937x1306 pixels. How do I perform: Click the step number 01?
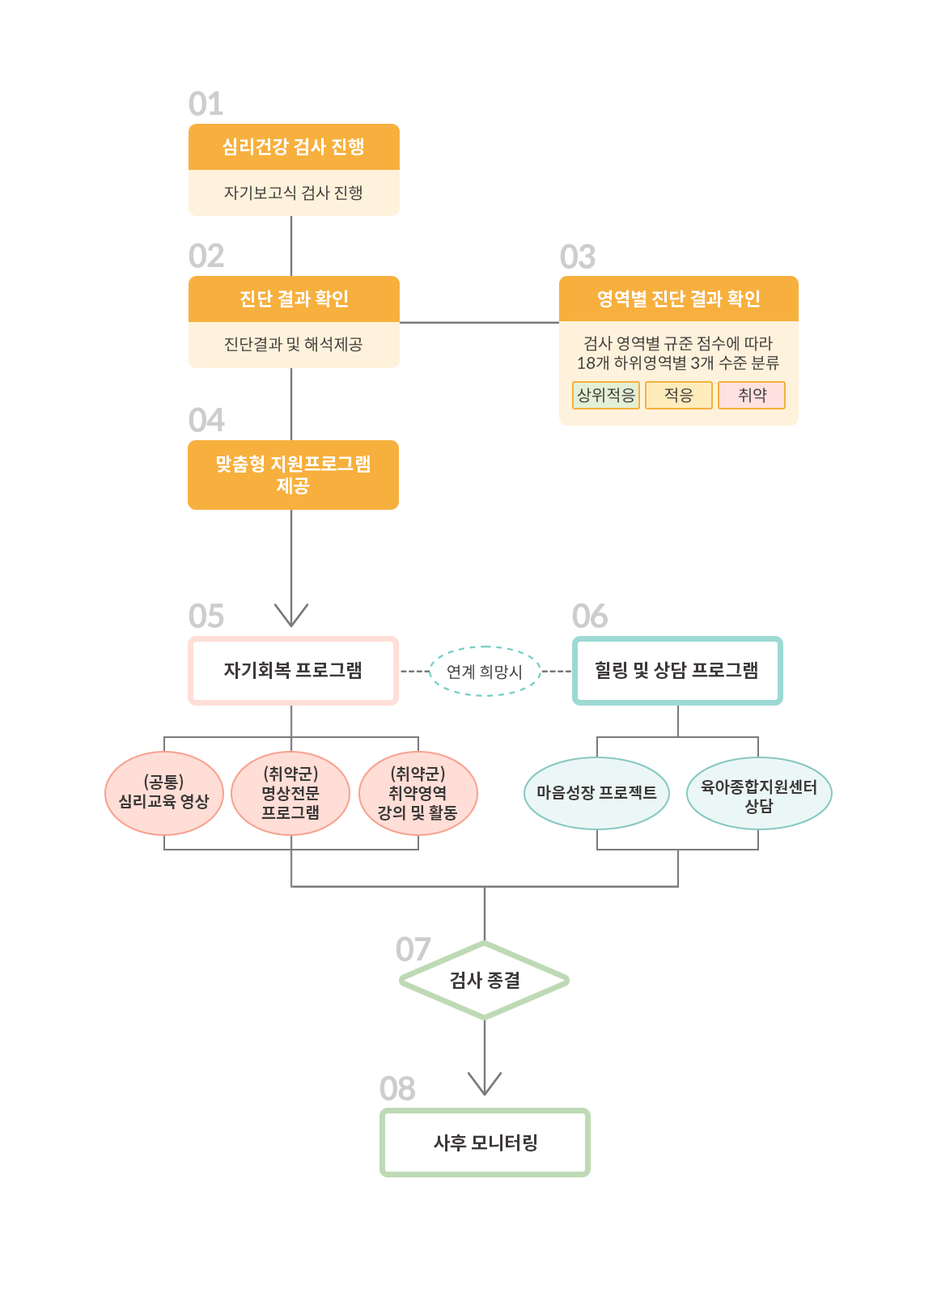click(205, 104)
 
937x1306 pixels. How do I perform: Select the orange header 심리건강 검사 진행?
click(293, 146)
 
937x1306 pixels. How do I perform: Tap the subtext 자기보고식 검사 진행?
click(293, 193)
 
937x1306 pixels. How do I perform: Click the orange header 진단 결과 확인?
click(293, 299)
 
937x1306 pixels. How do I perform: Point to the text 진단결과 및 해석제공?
click(293, 345)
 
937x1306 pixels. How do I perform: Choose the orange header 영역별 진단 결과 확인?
click(678, 299)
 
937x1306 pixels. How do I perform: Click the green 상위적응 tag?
click(606, 395)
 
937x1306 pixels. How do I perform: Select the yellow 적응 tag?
click(678, 395)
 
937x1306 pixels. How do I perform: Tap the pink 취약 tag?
click(752, 395)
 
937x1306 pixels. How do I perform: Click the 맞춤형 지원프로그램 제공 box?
click(293, 474)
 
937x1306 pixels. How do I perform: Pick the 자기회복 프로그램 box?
click(293, 671)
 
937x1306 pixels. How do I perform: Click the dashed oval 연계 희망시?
click(484, 671)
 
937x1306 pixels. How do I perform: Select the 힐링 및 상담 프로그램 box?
click(677, 671)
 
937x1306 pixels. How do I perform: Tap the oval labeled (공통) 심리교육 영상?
click(163, 793)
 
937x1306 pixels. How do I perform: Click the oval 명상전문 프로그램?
click(290, 793)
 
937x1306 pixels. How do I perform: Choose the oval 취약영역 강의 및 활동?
click(418, 793)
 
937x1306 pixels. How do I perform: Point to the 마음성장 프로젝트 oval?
click(596, 793)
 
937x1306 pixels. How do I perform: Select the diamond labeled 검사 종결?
click(484, 980)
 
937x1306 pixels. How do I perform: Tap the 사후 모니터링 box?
click(485, 1143)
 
